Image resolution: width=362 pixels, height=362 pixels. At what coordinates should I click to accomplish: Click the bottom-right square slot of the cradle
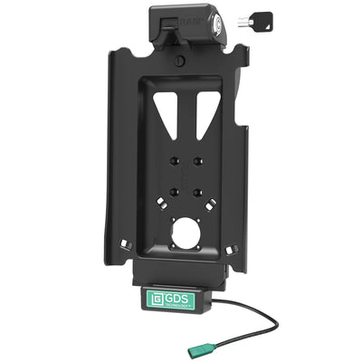[x=234, y=243]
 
